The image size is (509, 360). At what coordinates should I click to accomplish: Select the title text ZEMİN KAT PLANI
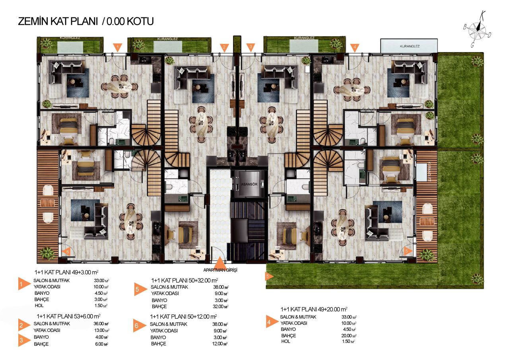click(58, 21)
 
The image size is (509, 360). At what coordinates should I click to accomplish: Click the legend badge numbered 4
click(270, 323)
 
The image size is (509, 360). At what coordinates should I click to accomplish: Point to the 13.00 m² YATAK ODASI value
click(102, 330)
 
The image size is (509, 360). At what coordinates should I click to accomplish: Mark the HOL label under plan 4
click(286, 341)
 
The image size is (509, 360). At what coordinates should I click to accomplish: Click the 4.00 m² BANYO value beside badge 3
click(102, 337)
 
